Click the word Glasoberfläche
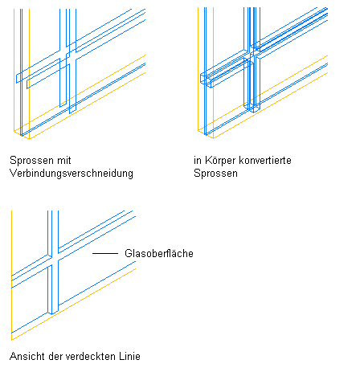point(159,253)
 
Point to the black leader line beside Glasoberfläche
point(105,253)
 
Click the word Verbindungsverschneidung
point(72,174)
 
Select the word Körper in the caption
point(220,161)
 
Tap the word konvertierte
point(265,161)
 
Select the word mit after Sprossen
point(64,161)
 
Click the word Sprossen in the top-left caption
point(31,161)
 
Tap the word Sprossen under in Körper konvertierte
point(215,174)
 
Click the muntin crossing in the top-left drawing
point(67,55)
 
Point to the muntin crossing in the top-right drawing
point(252,55)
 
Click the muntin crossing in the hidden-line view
point(53,259)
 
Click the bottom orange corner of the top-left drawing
point(29,139)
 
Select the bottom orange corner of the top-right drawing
point(213,138)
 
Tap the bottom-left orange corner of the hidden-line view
point(11,340)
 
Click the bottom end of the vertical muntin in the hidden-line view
point(53,313)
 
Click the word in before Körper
point(198,161)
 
